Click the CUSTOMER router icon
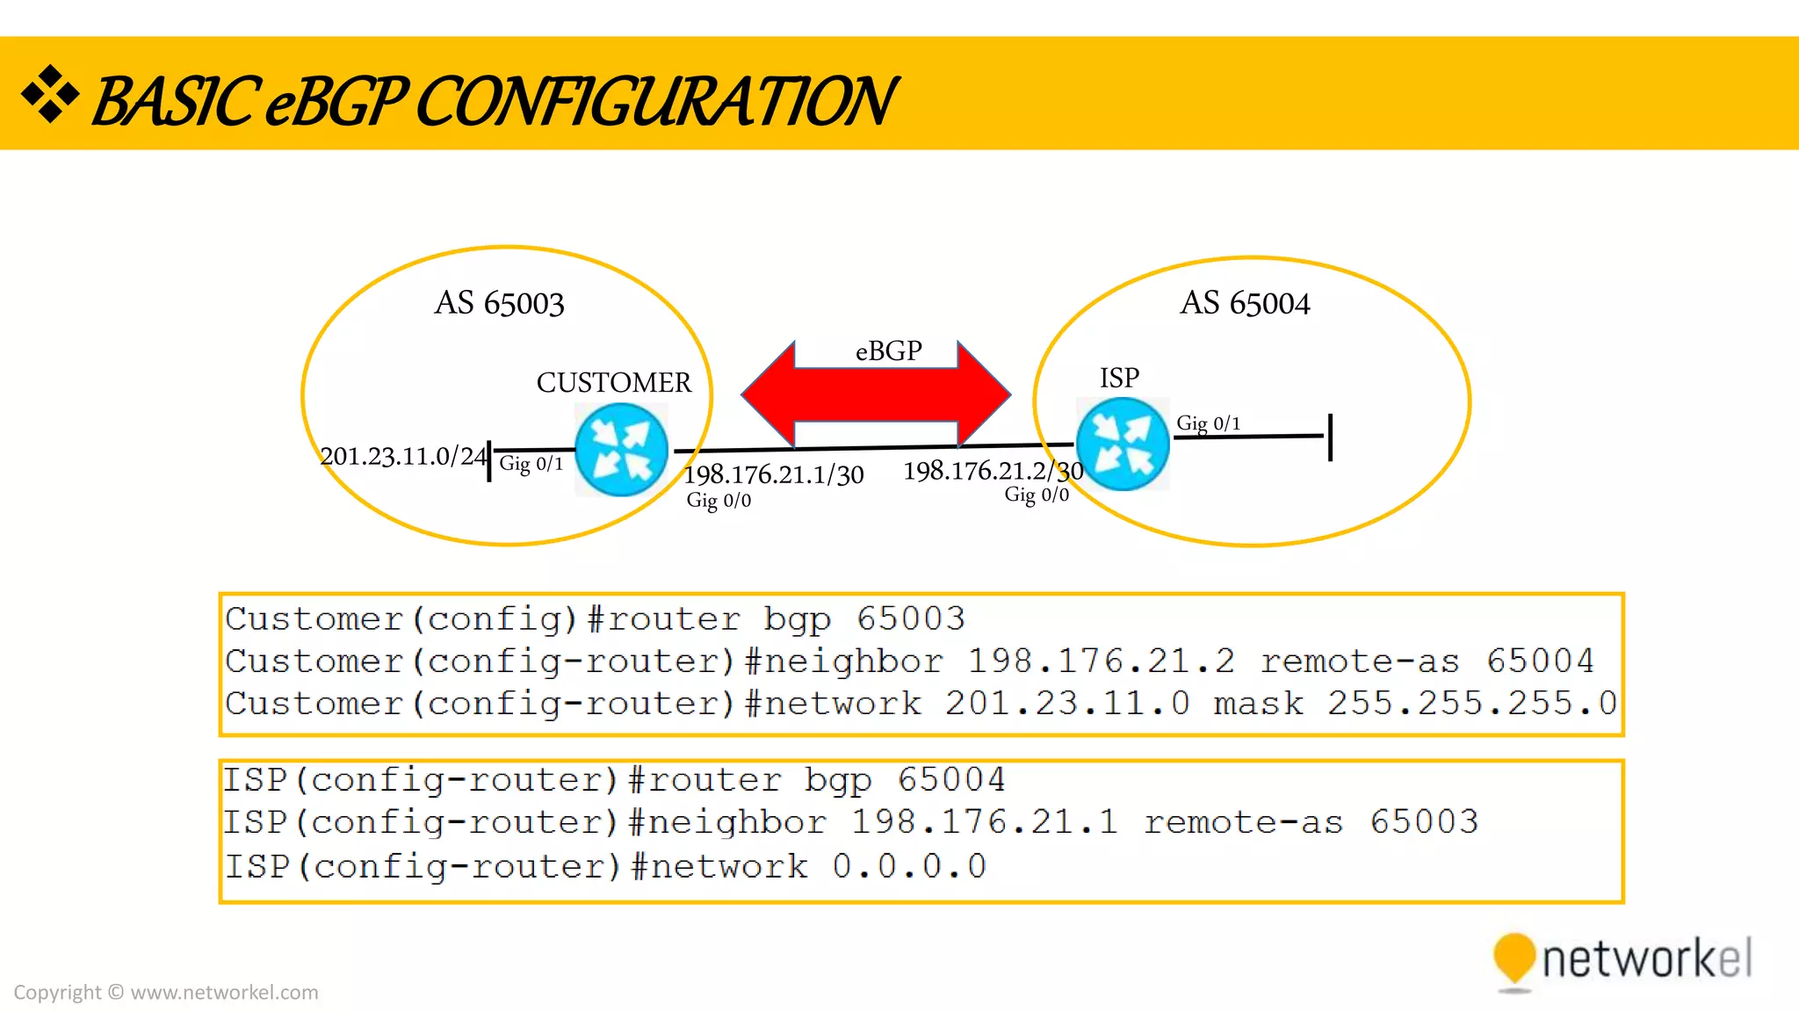tap(621, 450)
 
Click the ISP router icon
tap(1123, 444)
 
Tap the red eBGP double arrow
tap(876, 394)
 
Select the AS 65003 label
tap(499, 303)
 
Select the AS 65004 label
tap(1244, 303)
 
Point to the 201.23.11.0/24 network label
tap(402, 456)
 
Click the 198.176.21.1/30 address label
tap(773, 475)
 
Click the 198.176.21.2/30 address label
tap(993, 471)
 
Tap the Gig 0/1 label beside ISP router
tap(1208, 423)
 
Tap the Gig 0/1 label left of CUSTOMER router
tap(531, 464)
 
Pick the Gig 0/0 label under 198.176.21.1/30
tap(719, 501)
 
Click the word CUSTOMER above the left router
tap(613, 382)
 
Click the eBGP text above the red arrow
tap(888, 351)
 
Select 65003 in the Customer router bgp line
tap(910, 618)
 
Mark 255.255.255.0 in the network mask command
tap(1471, 703)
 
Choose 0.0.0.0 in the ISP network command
tap(909, 866)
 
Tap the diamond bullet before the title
tap(50, 93)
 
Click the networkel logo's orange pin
tap(1514, 958)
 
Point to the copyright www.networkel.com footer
tap(166, 992)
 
